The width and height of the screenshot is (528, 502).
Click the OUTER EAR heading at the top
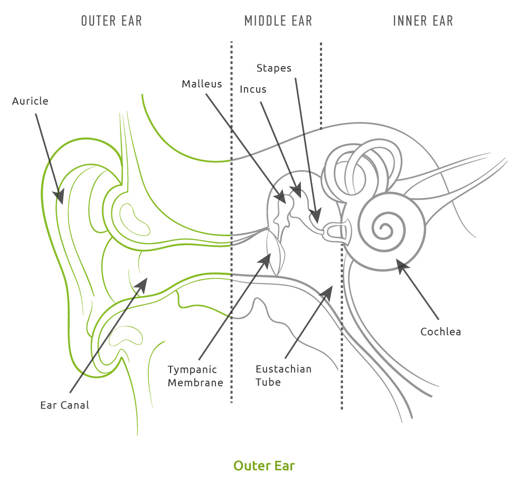click(111, 21)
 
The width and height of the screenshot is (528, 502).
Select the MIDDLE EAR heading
click(278, 21)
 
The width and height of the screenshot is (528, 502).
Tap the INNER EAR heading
click(423, 21)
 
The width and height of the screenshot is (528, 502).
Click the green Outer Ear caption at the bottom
click(264, 466)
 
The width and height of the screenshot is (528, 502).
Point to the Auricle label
click(30, 101)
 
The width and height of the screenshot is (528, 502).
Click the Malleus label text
click(202, 84)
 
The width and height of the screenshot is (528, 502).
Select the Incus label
click(253, 89)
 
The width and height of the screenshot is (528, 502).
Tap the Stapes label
click(274, 68)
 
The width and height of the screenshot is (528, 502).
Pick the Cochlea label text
click(440, 332)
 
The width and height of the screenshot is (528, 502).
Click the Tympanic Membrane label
click(195, 376)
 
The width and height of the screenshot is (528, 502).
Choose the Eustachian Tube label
click(283, 375)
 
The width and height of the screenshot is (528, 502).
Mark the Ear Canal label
click(64, 405)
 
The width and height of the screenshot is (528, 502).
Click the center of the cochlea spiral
click(384, 229)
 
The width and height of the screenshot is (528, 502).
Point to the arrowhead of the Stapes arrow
click(316, 216)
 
